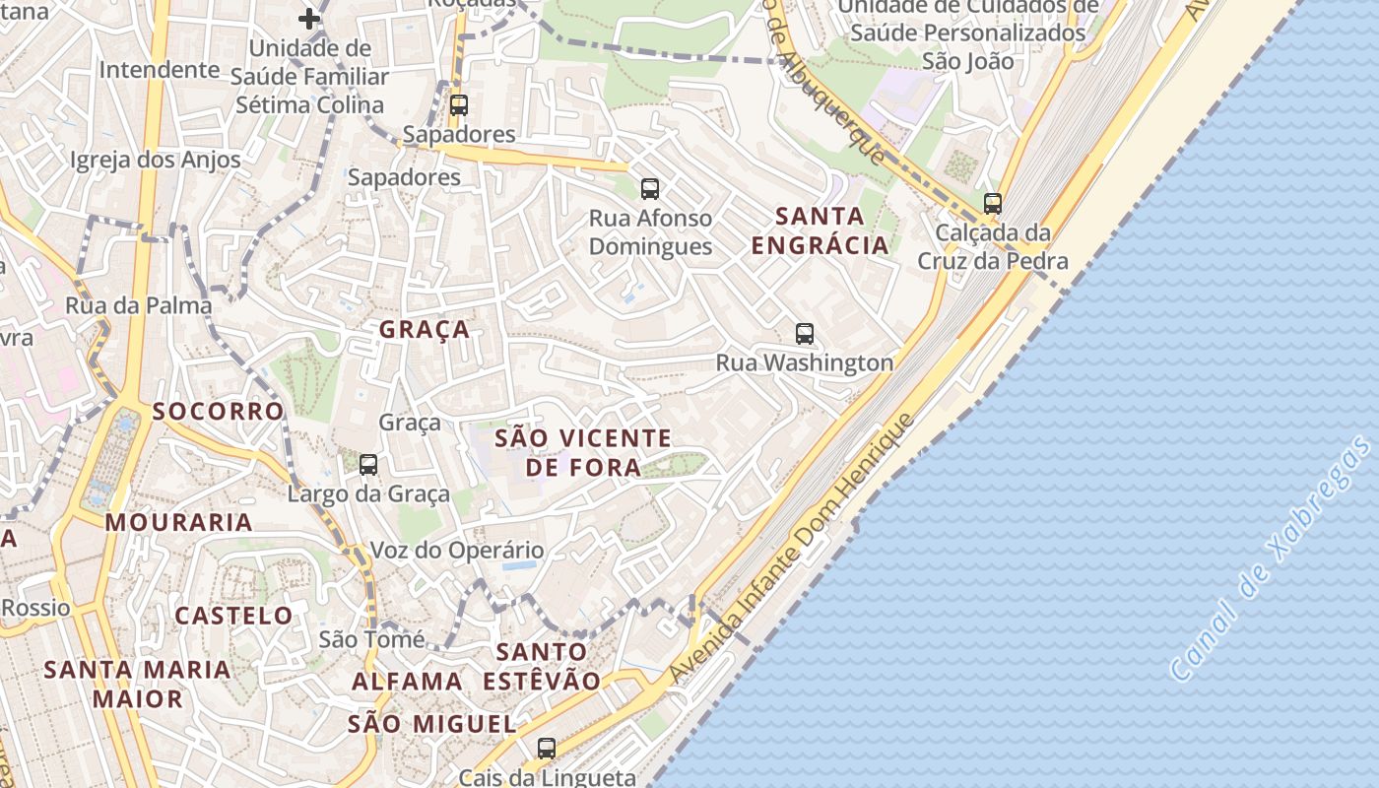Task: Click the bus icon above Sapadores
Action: pyautogui.click(x=458, y=105)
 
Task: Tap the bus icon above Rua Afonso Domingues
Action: pyautogui.click(x=649, y=189)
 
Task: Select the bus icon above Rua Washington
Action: pyautogui.click(x=805, y=334)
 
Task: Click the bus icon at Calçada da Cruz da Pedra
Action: pyautogui.click(x=993, y=204)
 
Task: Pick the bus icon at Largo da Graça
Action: pyautogui.click(x=367, y=465)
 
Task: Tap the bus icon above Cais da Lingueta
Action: pyautogui.click(x=547, y=749)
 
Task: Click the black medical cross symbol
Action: pyautogui.click(x=309, y=18)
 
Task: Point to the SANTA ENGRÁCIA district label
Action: pyautogui.click(x=820, y=230)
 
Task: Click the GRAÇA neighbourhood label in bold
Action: pyautogui.click(x=425, y=330)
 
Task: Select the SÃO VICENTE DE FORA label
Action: pyautogui.click(x=583, y=452)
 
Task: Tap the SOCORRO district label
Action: pyautogui.click(x=219, y=411)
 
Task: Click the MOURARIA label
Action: pyautogui.click(x=179, y=522)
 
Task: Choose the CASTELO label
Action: pyautogui.click(x=234, y=617)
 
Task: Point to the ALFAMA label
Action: pyautogui.click(x=407, y=682)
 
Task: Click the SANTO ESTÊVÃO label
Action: pyautogui.click(x=542, y=666)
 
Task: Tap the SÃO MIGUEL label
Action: pyautogui.click(x=431, y=725)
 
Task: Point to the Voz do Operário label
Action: pyautogui.click(x=457, y=551)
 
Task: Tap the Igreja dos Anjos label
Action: pyautogui.click(x=156, y=160)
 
